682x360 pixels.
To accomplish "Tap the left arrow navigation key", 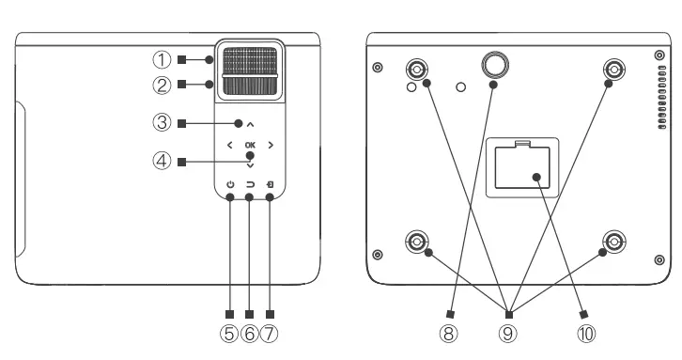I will (x=229, y=145).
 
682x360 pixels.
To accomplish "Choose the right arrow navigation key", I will (x=271, y=145).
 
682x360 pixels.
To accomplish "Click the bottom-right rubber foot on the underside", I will (x=613, y=242).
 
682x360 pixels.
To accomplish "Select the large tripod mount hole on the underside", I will (x=494, y=63).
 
